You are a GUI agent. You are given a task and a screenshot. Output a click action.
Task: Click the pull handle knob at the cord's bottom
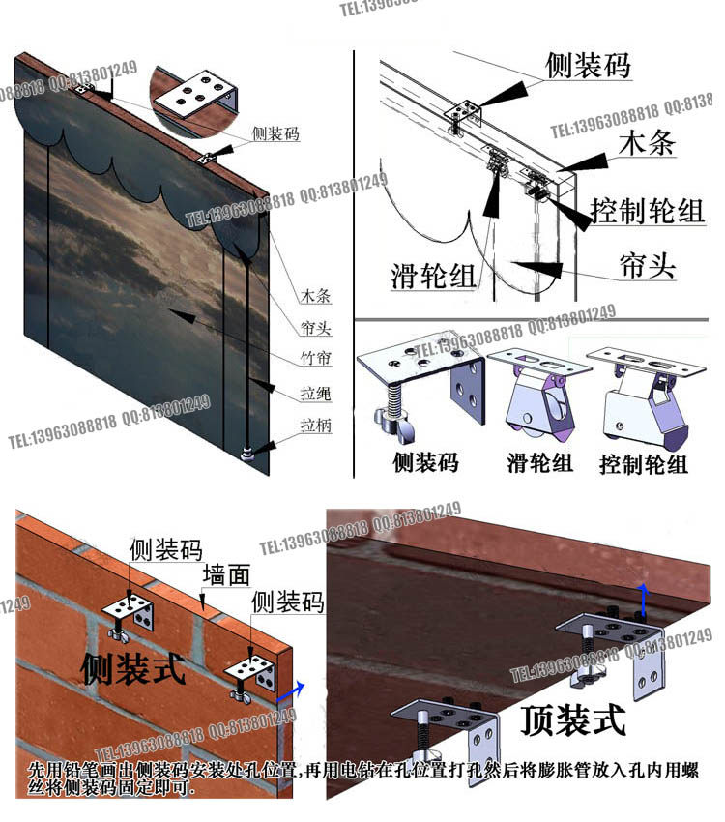(249, 451)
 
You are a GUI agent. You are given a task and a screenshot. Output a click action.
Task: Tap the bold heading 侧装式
(133, 667)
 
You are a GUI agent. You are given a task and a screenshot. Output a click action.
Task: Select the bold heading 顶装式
(572, 719)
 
